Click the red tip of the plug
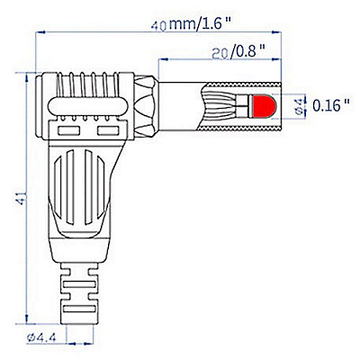click(263, 106)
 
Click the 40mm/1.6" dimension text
click(193, 23)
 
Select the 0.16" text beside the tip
click(331, 105)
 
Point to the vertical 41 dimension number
click(20, 198)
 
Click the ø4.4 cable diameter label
click(42, 337)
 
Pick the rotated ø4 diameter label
click(299, 106)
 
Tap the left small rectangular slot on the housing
click(68, 130)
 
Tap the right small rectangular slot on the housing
click(108, 130)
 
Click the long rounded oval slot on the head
click(87, 106)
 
